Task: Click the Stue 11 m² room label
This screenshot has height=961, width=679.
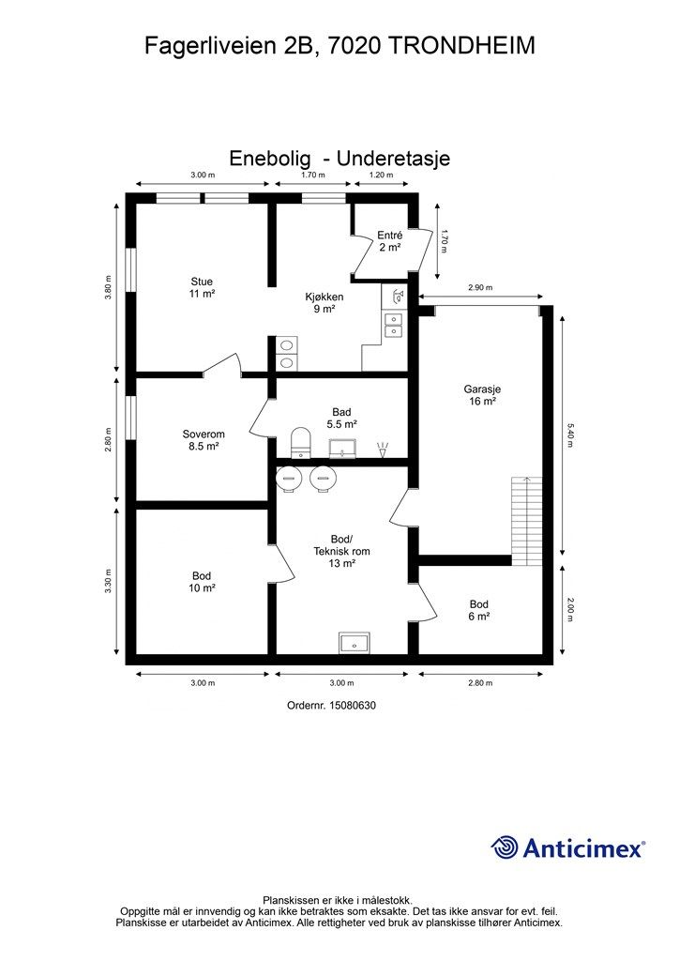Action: click(x=202, y=287)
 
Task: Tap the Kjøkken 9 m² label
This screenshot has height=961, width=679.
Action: click(x=324, y=303)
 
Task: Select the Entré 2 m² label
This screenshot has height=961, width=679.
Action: click(x=390, y=241)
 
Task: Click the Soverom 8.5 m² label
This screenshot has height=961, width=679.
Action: click(x=204, y=441)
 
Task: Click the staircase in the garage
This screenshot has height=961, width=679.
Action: click(x=526, y=521)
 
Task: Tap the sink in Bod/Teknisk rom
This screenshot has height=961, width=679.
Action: click(x=355, y=642)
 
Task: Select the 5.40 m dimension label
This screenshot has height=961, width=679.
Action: click(x=569, y=435)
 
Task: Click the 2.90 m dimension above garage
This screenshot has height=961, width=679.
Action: click(x=480, y=287)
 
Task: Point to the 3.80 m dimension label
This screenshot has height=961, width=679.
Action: click(x=109, y=286)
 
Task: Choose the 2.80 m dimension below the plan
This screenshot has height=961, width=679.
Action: click(x=480, y=683)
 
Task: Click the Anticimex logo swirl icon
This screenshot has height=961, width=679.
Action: click(x=505, y=848)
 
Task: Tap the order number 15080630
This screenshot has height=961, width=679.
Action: click(x=353, y=706)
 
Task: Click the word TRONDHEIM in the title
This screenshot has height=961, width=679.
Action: click(x=461, y=46)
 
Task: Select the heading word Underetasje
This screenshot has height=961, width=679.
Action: click(x=394, y=158)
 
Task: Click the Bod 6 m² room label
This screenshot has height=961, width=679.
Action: click(x=479, y=610)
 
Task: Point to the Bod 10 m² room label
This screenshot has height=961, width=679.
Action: click(x=202, y=582)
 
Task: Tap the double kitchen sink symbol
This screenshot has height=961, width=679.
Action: click(x=393, y=325)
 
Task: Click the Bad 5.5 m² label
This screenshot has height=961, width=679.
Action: click(x=341, y=418)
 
